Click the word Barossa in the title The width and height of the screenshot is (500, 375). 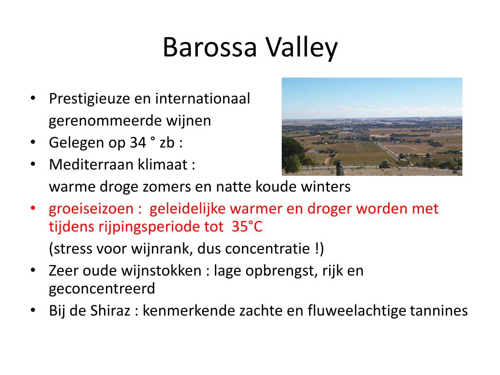click(x=210, y=47)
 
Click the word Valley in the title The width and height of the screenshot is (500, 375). click(x=301, y=47)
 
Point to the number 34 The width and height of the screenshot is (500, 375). click(x=138, y=143)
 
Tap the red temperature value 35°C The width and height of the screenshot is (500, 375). click(x=247, y=227)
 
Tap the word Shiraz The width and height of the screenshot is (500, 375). click(x=110, y=311)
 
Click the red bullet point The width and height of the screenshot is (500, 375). click(x=33, y=208)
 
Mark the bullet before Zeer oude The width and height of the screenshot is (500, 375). click(x=33, y=271)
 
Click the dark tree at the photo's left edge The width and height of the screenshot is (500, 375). click(x=292, y=155)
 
